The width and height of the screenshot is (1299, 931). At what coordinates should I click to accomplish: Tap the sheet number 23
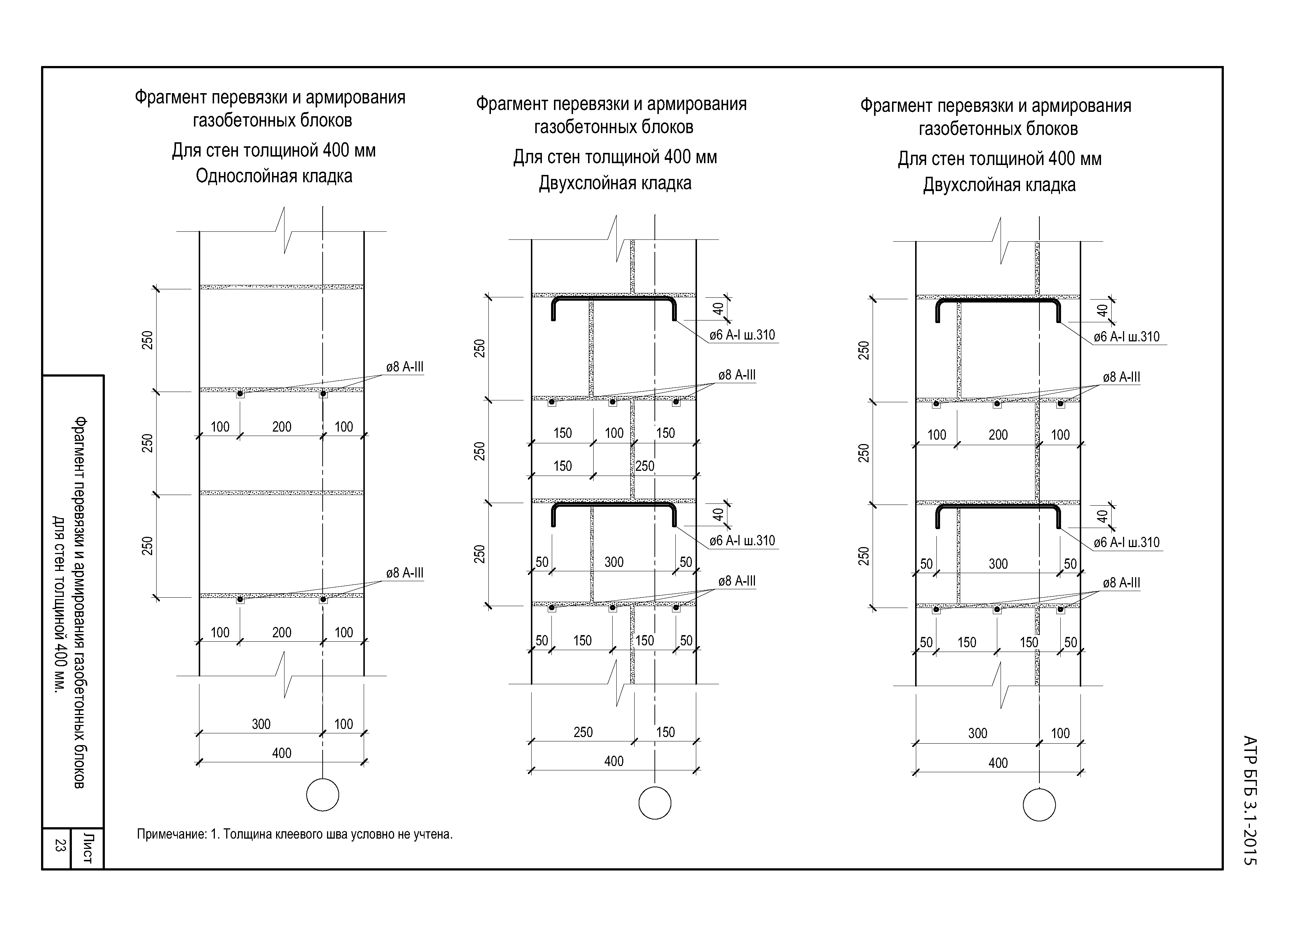point(58,845)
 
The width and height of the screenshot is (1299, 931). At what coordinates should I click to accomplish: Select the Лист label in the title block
point(87,848)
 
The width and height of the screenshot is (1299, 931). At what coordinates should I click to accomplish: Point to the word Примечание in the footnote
point(171,834)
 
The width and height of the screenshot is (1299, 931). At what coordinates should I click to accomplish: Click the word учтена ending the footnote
point(434,834)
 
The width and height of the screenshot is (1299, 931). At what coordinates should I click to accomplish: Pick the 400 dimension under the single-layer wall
point(281,753)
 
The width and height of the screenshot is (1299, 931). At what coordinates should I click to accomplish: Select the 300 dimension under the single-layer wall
point(261,724)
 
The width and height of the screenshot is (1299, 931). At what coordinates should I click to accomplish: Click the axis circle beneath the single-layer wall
point(323,795)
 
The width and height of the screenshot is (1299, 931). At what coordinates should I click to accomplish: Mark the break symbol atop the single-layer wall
point(285,231)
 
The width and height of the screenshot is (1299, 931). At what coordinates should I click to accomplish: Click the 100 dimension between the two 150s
point(614,433)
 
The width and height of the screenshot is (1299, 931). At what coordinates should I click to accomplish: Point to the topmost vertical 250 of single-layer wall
point(148,340)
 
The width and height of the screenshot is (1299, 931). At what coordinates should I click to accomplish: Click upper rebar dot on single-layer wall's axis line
point(323,393)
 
